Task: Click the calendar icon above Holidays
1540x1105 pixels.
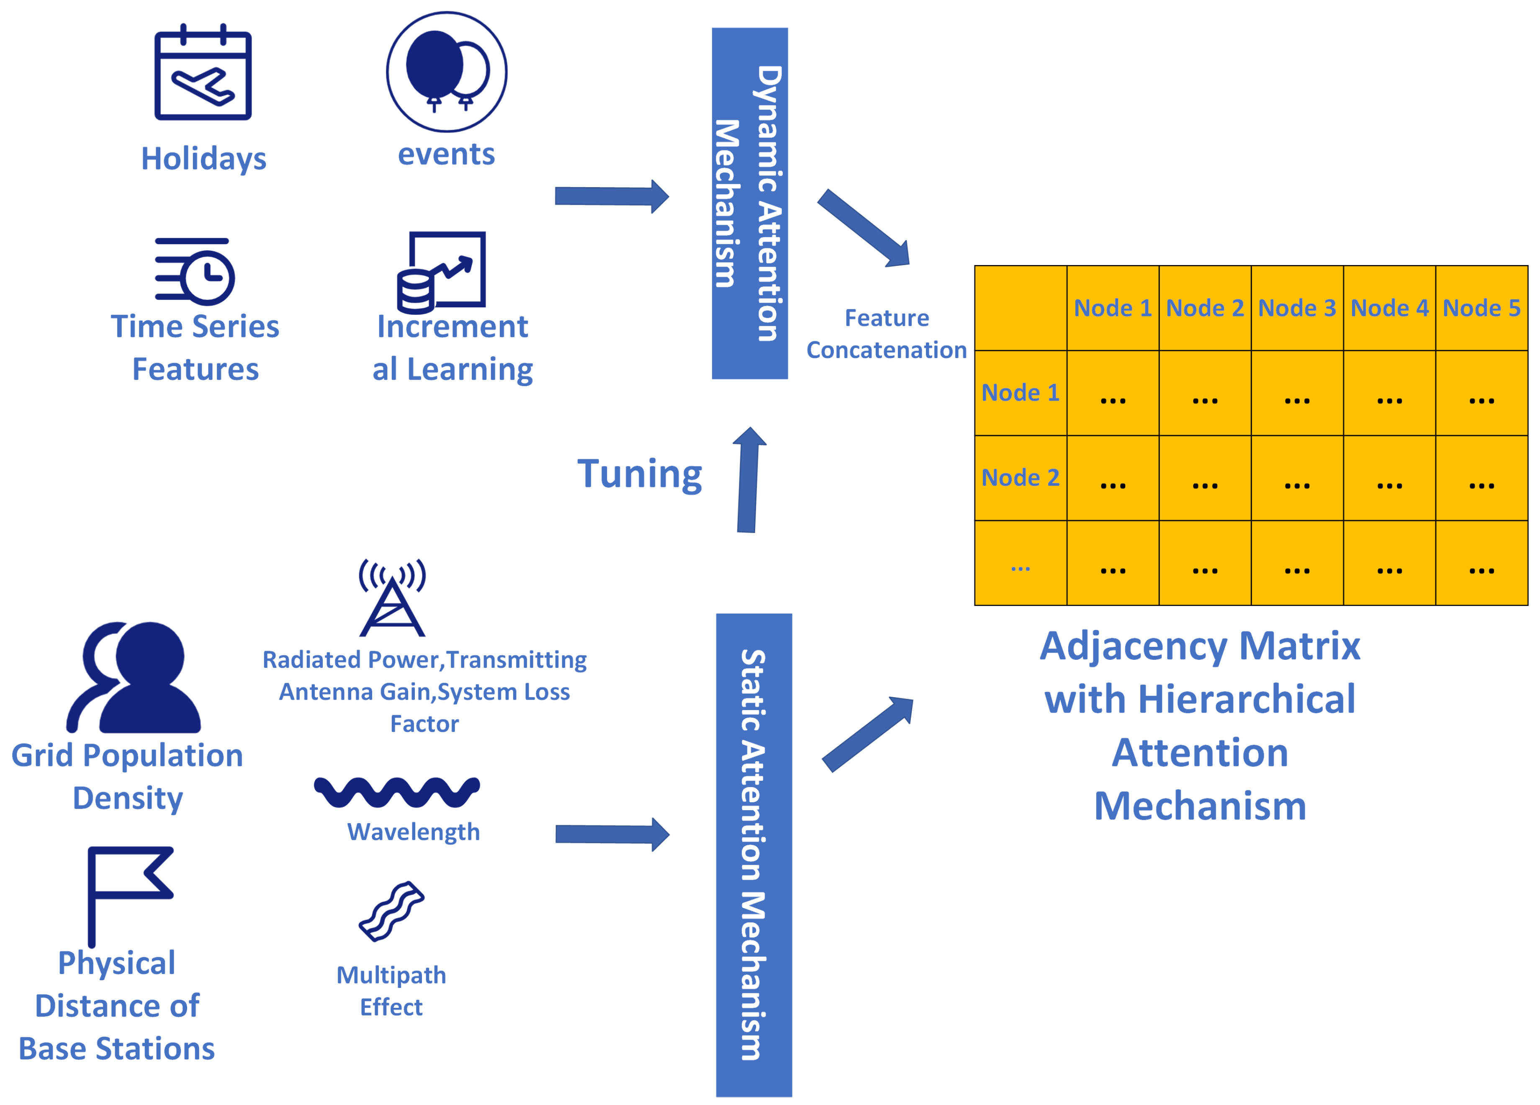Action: pos(203,72)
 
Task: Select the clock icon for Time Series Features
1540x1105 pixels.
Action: pos(195,271)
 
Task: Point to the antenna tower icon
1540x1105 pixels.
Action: pos(393,598)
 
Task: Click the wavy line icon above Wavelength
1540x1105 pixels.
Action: pos(397,792)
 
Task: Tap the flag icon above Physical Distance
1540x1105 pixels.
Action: pos(130,896)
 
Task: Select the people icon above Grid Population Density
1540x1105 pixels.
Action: pos(134,677)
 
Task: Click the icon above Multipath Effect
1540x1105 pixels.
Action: pos(392,912)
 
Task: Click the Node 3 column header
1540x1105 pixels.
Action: pos(1297,308)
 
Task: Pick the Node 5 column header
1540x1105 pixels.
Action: pos(1481,308)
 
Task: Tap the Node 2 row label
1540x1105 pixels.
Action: pos(1021,477)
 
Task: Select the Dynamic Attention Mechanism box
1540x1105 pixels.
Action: pos(750,203)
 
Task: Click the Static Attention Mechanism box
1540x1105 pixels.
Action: pos(754,855)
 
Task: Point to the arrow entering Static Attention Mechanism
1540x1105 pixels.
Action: pos(612,834)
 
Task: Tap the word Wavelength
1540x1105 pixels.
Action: pos(414,832)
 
